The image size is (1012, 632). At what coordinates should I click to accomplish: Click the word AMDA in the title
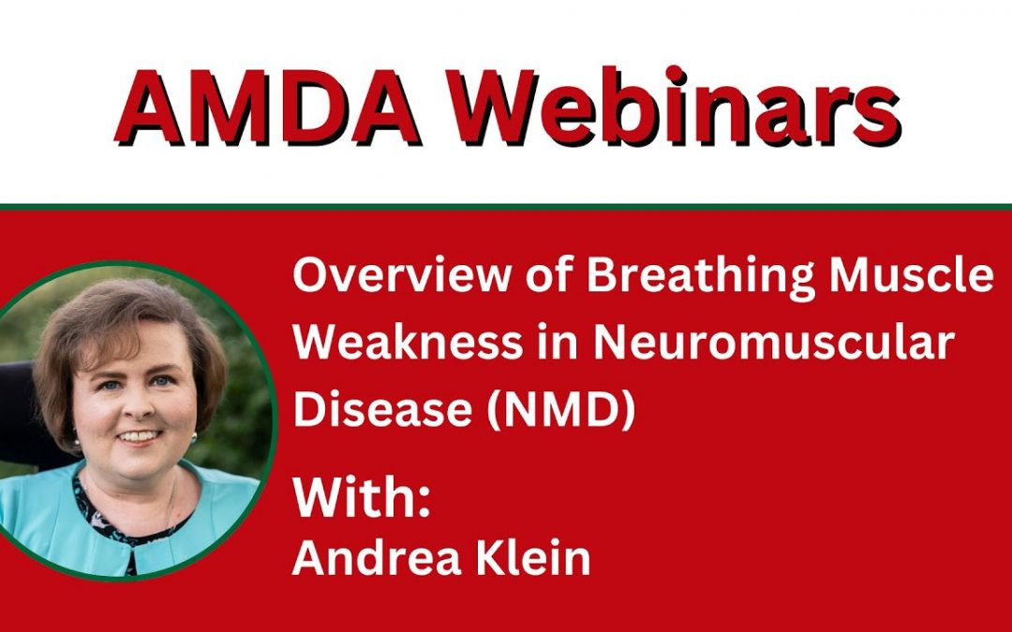click(x=268, y=106)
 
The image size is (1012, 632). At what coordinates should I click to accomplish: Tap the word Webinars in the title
click(x=675, y=106)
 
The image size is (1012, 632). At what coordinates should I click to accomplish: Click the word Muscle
click(x=912, y=274)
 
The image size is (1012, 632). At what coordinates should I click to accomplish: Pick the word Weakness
click(x=408, y=343)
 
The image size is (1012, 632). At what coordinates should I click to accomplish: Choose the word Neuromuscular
click(x=774, y=343)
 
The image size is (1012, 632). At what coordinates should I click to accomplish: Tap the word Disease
click(x=382, y=409)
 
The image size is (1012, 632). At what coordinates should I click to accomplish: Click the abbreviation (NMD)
click(x=561, y=410)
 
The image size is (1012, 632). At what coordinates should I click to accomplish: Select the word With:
click(x=362, y=497)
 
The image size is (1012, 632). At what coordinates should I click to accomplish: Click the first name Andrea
click(x=377, y=558)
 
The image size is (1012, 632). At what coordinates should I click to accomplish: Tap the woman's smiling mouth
click(x=139, y=436)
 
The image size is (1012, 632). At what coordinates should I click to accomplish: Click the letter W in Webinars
click(x=495, y=107)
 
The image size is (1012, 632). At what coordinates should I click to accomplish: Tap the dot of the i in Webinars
click(x=674, y=75)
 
